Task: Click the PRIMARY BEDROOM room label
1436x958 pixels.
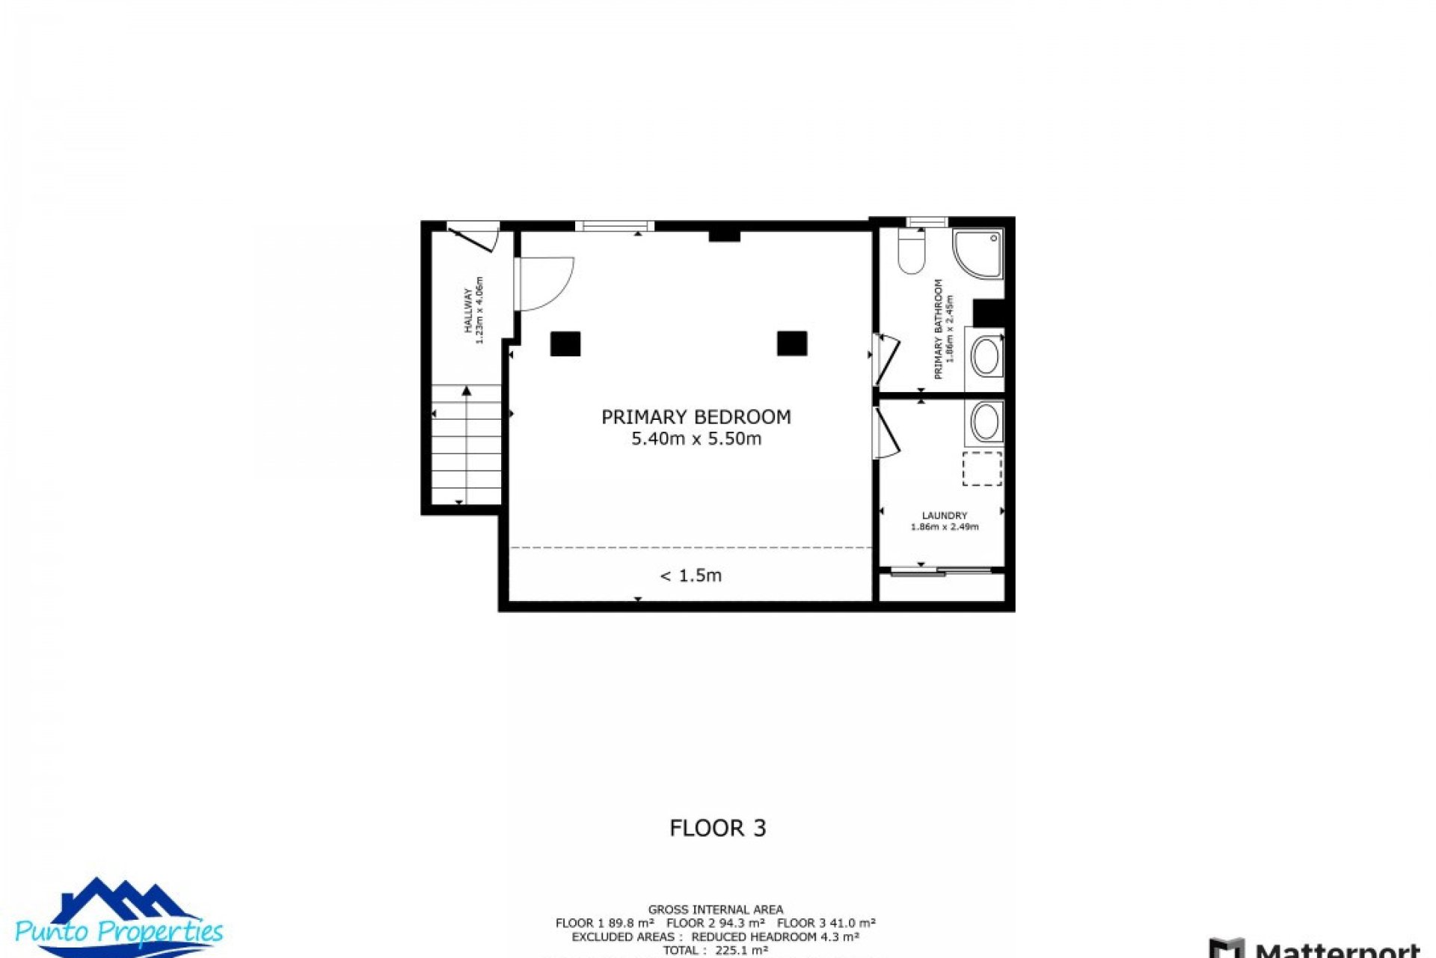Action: pos(696,417)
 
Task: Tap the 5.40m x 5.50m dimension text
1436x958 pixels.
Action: pos(696,439)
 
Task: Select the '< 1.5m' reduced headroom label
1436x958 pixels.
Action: pos(690,576)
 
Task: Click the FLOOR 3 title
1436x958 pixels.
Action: pos(717,828)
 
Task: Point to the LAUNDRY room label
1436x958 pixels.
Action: pos(944,516)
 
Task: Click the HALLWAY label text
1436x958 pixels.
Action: pos(468,311)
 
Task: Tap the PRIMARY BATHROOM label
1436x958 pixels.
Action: pos(938,329)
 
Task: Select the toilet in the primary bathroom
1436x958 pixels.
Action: pos(912,251)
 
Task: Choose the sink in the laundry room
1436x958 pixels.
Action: pos(986,422)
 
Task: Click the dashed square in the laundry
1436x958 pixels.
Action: pos(981,469)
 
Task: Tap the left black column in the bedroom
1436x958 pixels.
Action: pos(565,344)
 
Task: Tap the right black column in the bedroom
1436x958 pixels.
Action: pos(791,344)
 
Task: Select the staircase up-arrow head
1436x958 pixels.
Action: pos(467,391)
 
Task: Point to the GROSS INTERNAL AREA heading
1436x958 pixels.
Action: pos(715,910)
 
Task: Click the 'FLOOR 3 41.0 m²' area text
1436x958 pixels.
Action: pos(826,924)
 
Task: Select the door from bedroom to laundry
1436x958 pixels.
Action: pos(886,434)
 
